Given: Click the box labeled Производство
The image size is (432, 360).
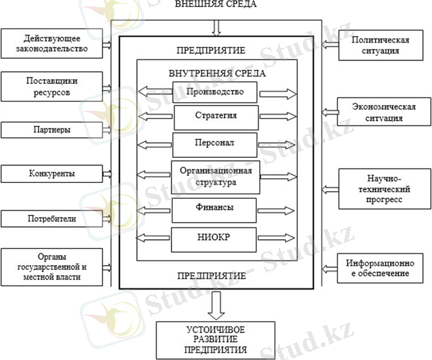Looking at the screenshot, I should pyautogui.click(x=215, y=92).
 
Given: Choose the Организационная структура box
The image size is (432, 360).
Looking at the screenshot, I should pyautogui.click(x=216, y=176).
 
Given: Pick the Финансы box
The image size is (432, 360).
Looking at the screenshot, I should pyautogui.click(x=215, y=208).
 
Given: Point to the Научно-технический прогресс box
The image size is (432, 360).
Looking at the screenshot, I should pyautogui.click(x=385, y=189).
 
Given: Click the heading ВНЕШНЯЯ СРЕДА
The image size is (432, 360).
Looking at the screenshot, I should pyautogui.click(x=215, y=5).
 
